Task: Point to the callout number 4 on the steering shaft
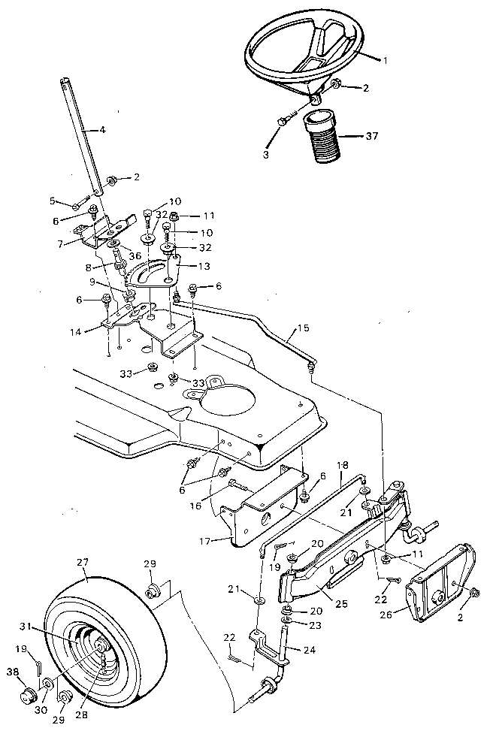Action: coord(102,130)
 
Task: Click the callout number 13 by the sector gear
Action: coord(204,266)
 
